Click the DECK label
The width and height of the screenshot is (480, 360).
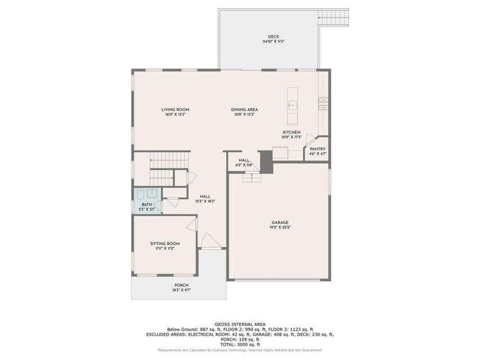(273, 37)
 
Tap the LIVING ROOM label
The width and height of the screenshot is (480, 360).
(175, 109)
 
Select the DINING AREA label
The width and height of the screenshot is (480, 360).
(244, 109)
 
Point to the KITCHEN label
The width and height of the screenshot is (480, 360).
(291, 132)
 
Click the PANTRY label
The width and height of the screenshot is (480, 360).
(317, 149)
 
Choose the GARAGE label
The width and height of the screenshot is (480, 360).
(280, 222)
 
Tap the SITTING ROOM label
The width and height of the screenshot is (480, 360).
(164, 244)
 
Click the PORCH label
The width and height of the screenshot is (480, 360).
(181, 285)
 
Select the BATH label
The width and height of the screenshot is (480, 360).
(146, 204)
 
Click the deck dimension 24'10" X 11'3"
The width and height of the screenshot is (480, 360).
(273, 42)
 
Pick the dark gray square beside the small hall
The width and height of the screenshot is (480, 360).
(266, 162)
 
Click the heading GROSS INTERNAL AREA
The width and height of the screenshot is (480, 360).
(240, 323)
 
